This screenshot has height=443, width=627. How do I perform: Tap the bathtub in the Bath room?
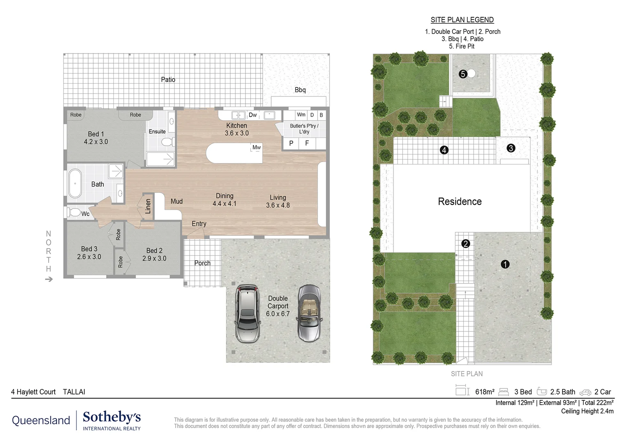pos(75,183)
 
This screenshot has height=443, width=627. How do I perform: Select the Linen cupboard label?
pos(148,206)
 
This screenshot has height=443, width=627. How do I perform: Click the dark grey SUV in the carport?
pos(247,313)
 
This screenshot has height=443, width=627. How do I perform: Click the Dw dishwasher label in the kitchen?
pos(253,115)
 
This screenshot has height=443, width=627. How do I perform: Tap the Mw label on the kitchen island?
pos(256,147)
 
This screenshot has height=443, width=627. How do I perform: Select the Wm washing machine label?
pos(301,115)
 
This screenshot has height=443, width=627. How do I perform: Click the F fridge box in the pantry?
pos(307,143)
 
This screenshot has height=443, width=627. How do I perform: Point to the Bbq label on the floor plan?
pos(300,90)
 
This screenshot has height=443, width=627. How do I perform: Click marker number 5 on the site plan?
pos(463,74)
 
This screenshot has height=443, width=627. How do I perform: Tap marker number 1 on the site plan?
pos(505,265)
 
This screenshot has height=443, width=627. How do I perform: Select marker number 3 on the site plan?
pos(511,148)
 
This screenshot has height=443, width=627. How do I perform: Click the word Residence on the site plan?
pos(460,201)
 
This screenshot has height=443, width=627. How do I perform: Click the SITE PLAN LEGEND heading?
pos(462,20)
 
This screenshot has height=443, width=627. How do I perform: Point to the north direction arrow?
pos(49,279)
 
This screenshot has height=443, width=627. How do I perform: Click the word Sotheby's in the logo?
pos(112,417)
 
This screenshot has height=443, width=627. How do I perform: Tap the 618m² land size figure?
pos(485,392)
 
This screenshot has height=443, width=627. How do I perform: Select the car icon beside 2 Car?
pos(585,392)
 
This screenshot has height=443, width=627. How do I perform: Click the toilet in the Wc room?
pos(75,212)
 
